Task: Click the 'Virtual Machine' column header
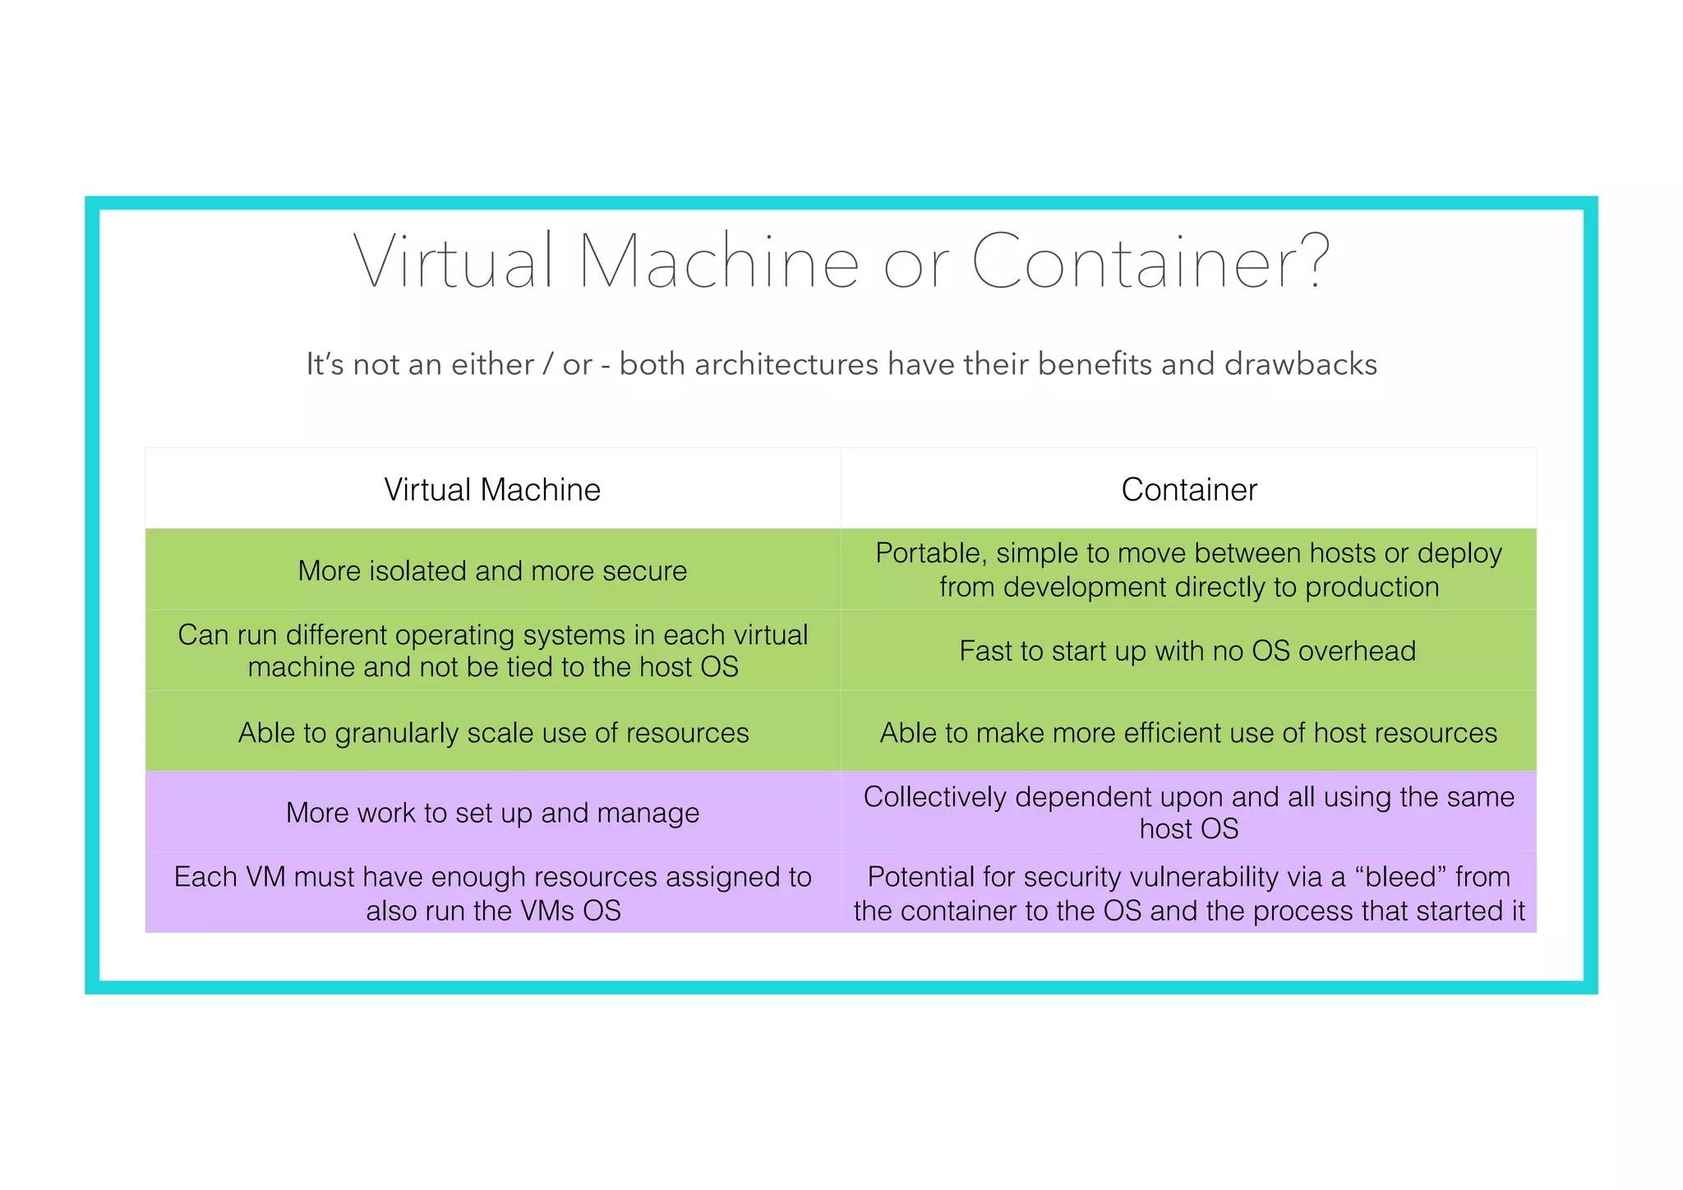pos(492,490)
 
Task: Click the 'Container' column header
pos(1188,490)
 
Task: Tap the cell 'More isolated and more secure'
pos(492,570)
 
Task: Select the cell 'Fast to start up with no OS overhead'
pos(1187,651)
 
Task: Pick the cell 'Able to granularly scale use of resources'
pos(493,732)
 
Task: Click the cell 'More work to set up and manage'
pos(492,813)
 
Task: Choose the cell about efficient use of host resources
pos(1188,732)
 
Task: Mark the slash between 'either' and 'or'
pos(548,364)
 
